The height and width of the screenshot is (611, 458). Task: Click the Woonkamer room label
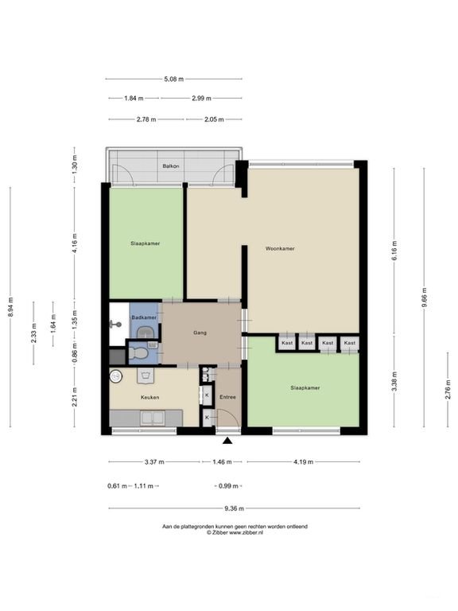click(x=280, y=248)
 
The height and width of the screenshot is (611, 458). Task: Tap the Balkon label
click(x=171, y=166)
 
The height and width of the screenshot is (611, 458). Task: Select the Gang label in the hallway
click(x=200, y=333)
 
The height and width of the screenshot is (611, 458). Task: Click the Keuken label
click(x=150, y=398)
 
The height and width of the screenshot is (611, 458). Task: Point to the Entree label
click(x=228, y=397)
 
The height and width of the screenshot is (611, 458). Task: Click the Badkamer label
click(x=144, y=317)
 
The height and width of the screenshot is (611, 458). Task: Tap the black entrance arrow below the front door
click(x=227, y=441)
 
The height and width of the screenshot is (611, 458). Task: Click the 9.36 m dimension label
click(x=234, y=508)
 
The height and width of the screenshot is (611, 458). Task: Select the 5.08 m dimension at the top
click(x=173, y=79)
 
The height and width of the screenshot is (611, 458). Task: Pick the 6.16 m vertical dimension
click(x=394, y=251)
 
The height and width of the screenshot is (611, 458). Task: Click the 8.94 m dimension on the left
click(x=10, y=307)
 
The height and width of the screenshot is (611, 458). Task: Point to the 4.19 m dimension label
click(x=304, y=461)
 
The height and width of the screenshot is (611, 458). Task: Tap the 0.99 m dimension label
click(x=229, y=486)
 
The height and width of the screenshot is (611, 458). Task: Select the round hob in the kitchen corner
click(x=115, y=376)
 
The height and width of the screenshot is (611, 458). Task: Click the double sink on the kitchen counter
click(x=153, y=418)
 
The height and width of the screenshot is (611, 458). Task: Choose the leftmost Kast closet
click(x=287, y=343)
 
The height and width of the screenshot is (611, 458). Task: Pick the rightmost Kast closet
click(x=350, y=343)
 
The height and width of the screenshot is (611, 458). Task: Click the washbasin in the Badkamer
click(x=146, y=333)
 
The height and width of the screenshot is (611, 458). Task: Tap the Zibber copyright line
click(x=235, y=532)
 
